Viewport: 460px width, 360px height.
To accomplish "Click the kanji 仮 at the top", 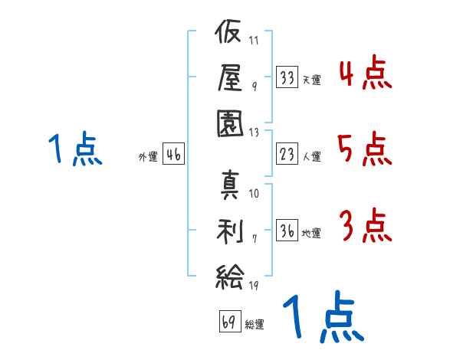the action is tap(228, 31).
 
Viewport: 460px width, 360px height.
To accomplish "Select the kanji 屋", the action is tap(230, 77).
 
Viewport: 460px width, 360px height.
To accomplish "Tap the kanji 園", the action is tap(230, 123).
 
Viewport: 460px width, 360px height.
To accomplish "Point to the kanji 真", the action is tap(230, 185).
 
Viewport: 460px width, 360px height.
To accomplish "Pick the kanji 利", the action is tap(230, 231).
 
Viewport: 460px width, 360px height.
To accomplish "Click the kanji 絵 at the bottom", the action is tap(230, 277).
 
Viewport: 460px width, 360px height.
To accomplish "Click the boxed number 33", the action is tap(287, 77).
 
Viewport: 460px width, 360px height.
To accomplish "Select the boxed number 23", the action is tap(287, 154).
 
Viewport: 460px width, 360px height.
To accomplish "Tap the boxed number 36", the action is tap(287, 230).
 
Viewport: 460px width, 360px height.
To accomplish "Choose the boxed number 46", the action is tap(174, 154).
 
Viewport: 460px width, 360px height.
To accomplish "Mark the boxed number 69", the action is tap(230, 321).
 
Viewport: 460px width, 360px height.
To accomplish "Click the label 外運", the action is tap(148, 157).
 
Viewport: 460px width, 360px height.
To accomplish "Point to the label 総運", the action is tap(255, 325).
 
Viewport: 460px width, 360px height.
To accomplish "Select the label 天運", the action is tap(312, 80).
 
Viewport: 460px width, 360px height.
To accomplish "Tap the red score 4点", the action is tap(365, 73).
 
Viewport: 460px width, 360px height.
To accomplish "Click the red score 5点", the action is tap(365, 149).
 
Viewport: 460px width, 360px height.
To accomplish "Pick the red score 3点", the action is tap(366, 225).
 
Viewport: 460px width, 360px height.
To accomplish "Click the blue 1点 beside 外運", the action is tap(75, 149).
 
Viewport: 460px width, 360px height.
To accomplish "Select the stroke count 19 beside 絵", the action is tap(254, 285).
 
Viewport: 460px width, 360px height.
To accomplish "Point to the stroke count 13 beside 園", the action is tap(254, 133).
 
